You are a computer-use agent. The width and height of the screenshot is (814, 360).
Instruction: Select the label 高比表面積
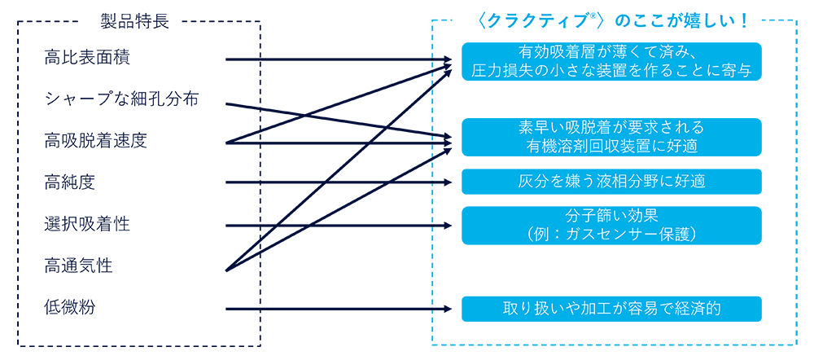[x=87, y=59]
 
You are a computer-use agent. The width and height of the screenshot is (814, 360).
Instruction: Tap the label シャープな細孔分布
[x=121, y=100]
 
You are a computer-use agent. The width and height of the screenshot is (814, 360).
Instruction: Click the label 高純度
[x=70, y=182]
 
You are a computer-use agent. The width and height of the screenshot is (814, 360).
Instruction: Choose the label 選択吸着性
[x=87, y=224]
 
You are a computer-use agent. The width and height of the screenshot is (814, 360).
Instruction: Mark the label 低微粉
[x=70, y=308]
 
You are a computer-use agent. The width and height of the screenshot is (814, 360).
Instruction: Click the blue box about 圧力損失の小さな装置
[x=611, y=62]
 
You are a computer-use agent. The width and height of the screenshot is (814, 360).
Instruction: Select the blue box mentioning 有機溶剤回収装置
[x=611, y=138]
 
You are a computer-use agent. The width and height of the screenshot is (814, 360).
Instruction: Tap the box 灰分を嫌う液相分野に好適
[x=611, y=182]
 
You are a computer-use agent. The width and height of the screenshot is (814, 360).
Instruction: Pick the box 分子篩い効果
[x=611, y=225]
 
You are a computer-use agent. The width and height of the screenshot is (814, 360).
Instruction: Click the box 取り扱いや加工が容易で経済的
[x=611, y=309]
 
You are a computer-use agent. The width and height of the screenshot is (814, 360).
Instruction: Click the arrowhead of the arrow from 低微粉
[x=448, y=309]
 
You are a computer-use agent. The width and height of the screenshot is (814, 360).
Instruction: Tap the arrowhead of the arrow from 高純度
[x=448, y=182]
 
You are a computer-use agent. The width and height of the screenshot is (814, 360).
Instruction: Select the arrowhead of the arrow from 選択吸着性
[x=448, y=225]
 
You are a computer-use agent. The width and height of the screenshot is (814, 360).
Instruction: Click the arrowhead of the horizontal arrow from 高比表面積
[x=448, y=59]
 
